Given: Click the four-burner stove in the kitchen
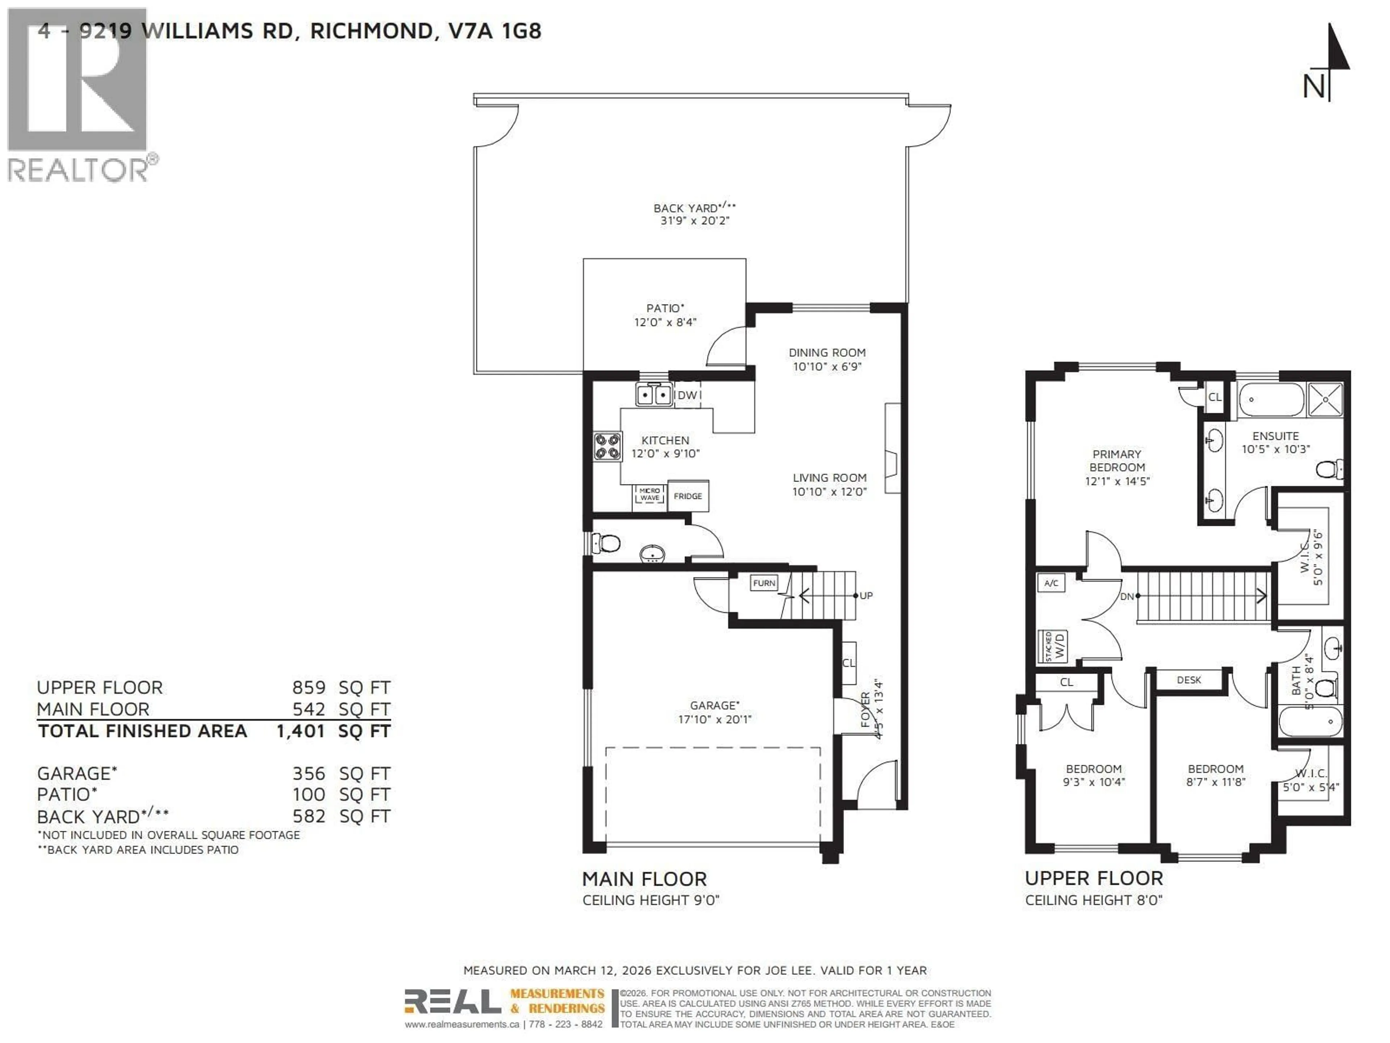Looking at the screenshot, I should click(x=608, y=447).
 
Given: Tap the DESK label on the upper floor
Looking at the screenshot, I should click(x=1188, y=680).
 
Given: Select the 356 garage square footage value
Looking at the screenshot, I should click(x=308, y=773).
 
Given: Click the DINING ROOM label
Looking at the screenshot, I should click(x=827, y=353).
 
